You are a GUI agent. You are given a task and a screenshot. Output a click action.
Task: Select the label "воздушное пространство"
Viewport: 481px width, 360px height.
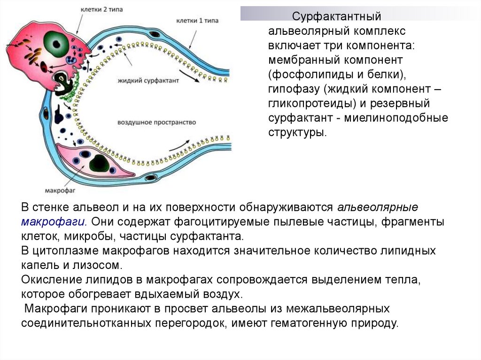tap(156, 122)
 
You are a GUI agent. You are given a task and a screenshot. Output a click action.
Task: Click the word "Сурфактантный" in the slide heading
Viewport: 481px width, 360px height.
tap(336, 17)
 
